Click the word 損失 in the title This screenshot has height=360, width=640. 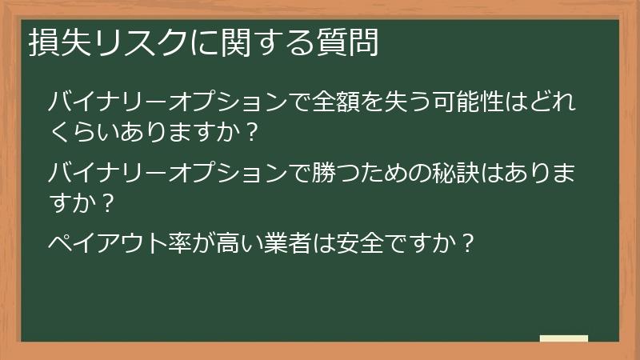pyautogui.click(x=54, y=43)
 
